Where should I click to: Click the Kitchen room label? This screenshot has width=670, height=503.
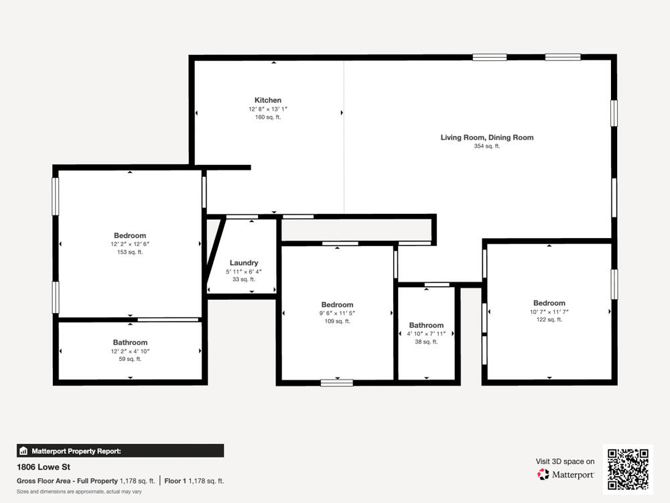point(268,101)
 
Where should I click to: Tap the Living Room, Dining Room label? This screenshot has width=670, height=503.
point(487,137)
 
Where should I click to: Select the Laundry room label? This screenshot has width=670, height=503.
point(244,263)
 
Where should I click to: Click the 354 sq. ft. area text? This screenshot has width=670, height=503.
point(487,146)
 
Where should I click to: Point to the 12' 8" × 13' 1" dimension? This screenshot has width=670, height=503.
point(268,109)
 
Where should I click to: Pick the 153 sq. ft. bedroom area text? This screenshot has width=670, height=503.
point(130,252)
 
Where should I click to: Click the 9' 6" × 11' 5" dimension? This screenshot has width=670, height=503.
point(337,313)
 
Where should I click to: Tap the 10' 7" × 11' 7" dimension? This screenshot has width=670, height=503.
point(549,312)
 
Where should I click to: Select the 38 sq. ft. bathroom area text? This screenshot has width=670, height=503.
point(426,342)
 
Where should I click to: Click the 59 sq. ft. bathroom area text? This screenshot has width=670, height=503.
point(130,359)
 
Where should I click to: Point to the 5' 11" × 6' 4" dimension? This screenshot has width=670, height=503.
point(244,272)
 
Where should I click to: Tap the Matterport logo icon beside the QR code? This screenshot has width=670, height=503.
point(543,474)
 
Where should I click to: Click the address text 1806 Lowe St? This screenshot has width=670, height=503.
point(44,467)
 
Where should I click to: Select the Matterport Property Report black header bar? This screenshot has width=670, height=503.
point(121,451)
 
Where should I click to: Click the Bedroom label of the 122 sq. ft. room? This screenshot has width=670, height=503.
point(549,303)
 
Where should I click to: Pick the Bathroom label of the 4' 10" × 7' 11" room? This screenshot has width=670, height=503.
point(426,325)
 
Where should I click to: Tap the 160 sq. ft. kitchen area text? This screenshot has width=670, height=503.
point(268,117)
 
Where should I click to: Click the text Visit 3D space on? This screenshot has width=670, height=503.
point(565,461)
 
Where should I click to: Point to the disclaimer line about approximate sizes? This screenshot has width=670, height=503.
point(79,492)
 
